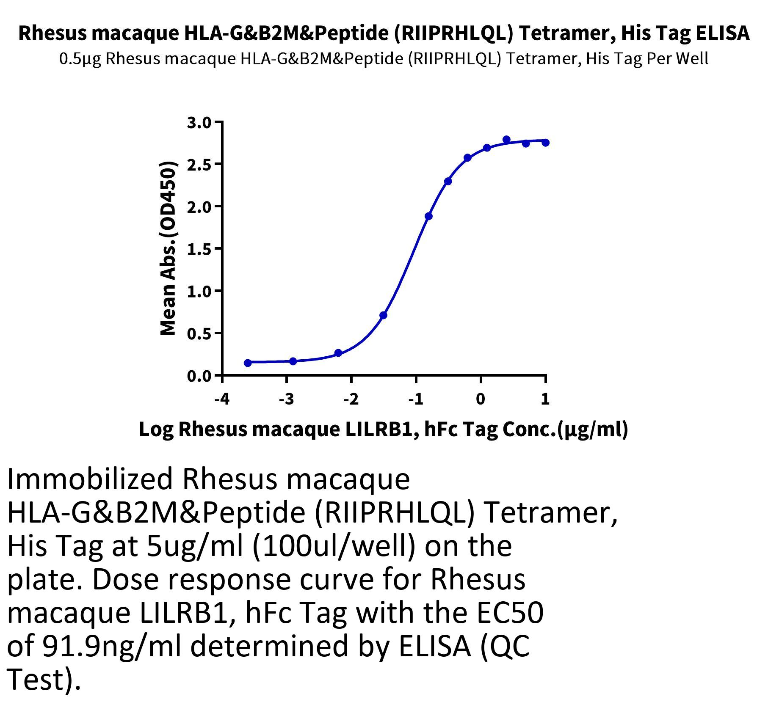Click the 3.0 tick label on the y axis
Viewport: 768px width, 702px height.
[x=199, y=123]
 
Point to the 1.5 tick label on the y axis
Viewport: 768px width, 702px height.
[x=199, y=249]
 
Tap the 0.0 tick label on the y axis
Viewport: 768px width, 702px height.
[x=199, y=376]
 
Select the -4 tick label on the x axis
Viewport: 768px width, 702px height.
[x=222, y=399]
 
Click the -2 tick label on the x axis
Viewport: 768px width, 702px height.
[x=351, y=399]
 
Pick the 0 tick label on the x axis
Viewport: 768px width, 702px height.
[x=481, y=399]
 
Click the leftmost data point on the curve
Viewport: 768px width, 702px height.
[x=248, y=363]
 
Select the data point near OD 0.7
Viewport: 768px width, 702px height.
[x=384, y=315]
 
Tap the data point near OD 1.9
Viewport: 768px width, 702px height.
[x=428, y=216]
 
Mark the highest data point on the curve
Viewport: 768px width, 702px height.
[x=506, y=140]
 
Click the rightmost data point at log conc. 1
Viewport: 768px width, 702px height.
[x=546, y=143]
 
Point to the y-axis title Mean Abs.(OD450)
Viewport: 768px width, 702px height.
[x=169, y=248]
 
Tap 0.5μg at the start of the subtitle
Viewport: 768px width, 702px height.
[x=80, y=58]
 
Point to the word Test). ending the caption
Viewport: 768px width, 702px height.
[x=44, y=680]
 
